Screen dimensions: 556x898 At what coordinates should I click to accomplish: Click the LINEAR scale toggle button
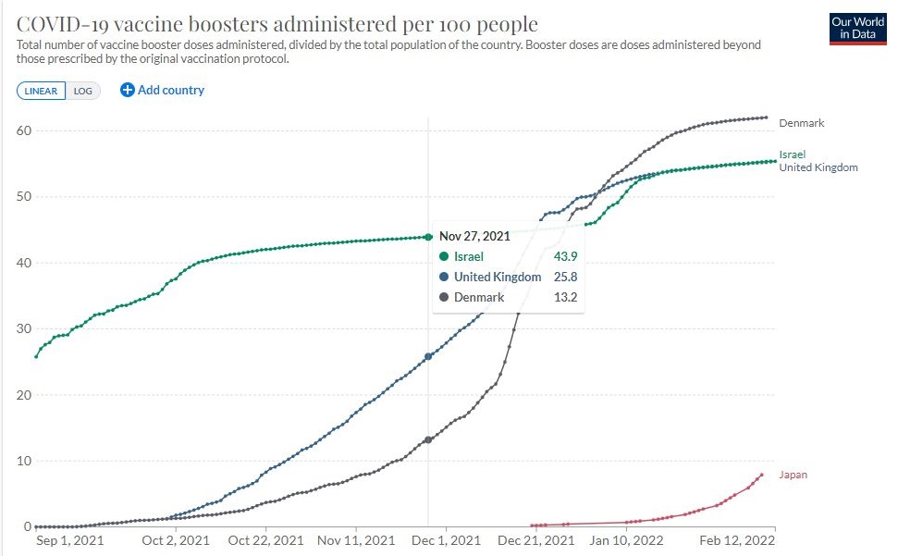(x=41, y=91)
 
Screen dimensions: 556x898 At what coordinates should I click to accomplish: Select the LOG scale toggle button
(x=82, y=91)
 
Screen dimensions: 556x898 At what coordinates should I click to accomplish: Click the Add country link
(x=163, y=90)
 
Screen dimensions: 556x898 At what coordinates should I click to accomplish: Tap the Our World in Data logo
(x=857, y=29)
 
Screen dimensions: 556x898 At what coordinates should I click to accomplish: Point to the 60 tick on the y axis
(x=23, y=130)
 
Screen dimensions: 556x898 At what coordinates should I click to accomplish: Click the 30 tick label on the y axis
(x=23, y=329)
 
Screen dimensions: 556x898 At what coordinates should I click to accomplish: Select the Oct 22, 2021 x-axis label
(x=265, y=539)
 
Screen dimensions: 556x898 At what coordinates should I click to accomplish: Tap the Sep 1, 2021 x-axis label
(x=69, y=539)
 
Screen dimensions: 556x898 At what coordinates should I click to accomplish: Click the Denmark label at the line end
(x=801, y=123)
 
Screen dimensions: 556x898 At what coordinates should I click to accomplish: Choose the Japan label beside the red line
(x=793, y=475)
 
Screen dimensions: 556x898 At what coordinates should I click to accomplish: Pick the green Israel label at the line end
(x=793, y=154)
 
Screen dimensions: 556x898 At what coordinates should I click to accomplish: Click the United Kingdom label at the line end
(x=818, y=167)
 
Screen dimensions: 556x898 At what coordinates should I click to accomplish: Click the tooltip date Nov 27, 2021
(x=475, y=236)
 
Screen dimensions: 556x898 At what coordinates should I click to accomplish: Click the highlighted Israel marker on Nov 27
(x=428, y=237)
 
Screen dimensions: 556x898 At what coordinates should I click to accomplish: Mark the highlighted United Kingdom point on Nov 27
(x=428, y=356)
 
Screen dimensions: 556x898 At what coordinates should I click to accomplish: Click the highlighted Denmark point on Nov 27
(x=428, y=439)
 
